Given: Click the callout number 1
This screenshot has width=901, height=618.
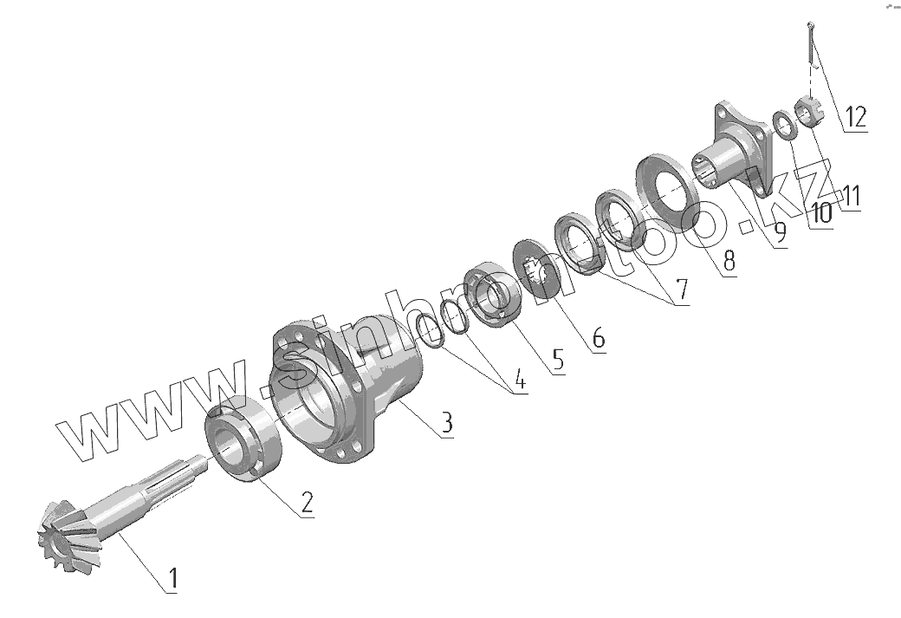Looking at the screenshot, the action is click(172, 579).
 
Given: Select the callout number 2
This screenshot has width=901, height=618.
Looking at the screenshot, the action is click(308, 503).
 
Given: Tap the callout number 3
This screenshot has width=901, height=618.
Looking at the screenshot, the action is click(447, 422).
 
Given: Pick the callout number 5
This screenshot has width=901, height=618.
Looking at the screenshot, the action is click(557, 360).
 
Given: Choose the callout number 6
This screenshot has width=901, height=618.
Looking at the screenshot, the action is click(598, 337).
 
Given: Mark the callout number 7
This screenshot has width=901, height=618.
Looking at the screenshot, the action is click(682, 290).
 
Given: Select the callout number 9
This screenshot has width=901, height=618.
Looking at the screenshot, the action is click(780, 232).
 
